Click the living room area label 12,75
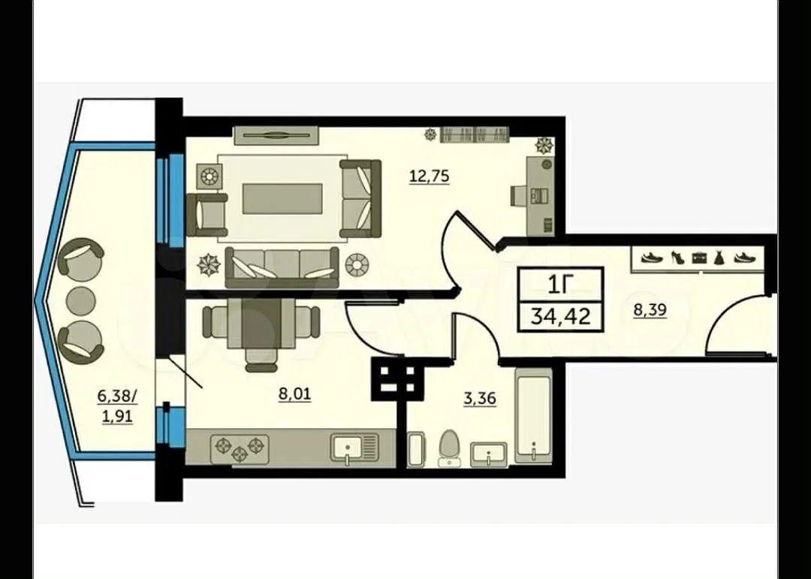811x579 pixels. (x=430, y=176)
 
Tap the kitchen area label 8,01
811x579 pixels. (x=294, y=394)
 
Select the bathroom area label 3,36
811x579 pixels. (x=479, y=399)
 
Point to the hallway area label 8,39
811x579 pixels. (x=650, y=310)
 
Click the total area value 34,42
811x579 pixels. (x=561, y=315)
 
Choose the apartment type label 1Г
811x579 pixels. (x=561, y=284)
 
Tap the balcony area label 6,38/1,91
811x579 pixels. (x=119, y=407)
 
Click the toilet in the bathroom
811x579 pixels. (x=450, y=448)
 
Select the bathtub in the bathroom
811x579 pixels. (x=533, y=416)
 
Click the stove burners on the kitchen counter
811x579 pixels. (x=239, y=448)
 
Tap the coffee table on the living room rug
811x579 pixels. (x=283, y=198)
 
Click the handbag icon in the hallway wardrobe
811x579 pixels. (x=699, y=257)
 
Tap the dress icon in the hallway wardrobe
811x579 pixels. (x=719, y=257)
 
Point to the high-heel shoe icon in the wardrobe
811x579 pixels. (x=678, y=257)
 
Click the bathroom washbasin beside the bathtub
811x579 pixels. (x=489, y=454)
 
